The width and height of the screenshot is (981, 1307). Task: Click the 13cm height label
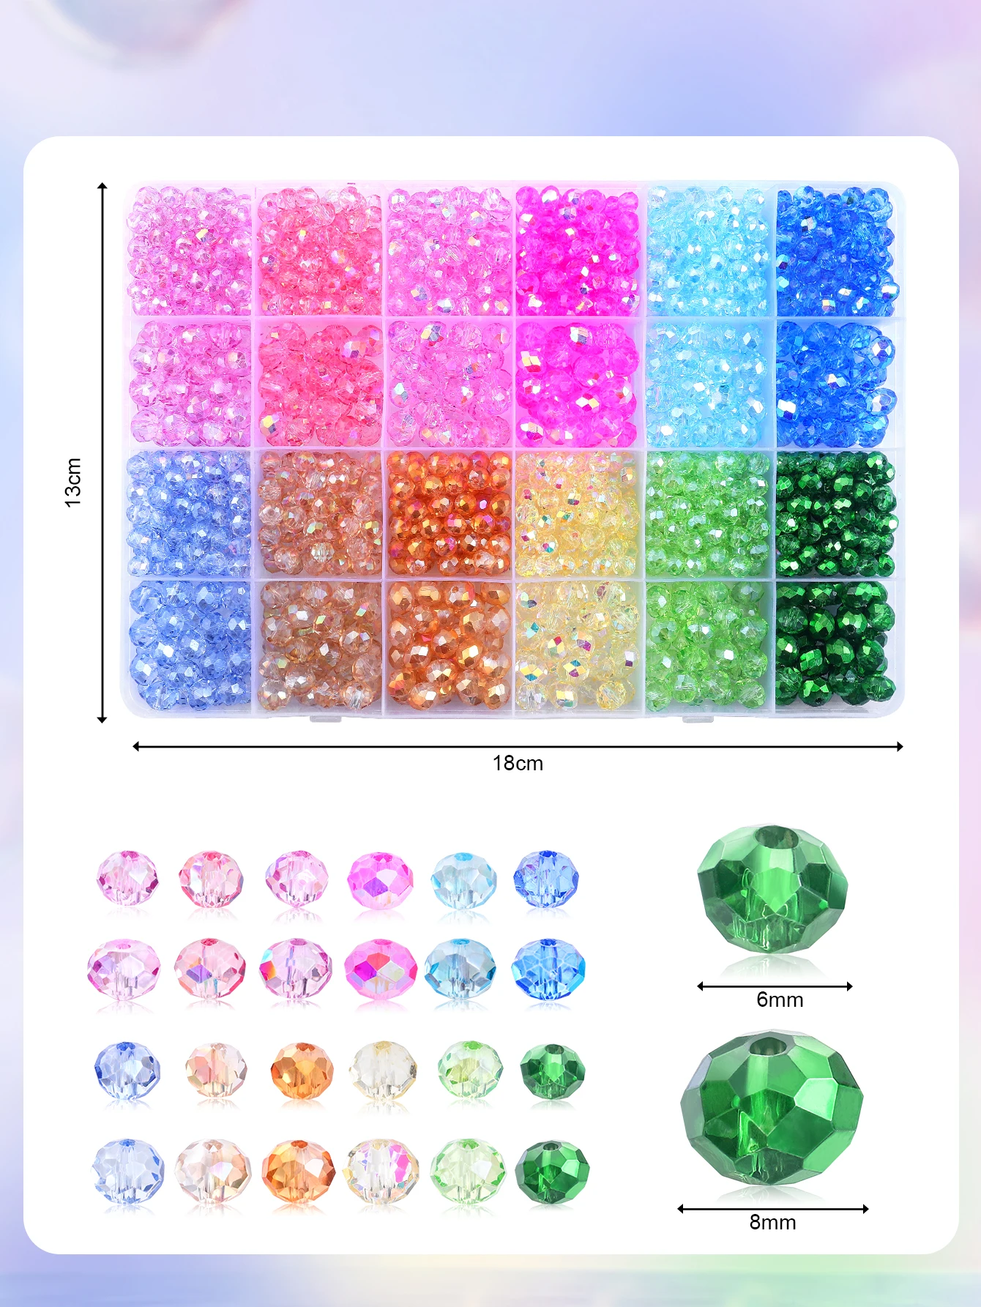73,482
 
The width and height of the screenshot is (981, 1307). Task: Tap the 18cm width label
518,764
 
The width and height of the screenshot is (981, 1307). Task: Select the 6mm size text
780,1000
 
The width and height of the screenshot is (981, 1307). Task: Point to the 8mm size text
772,1222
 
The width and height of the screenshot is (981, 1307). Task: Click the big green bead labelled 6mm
772,890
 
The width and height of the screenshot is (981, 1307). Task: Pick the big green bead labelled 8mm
772,1109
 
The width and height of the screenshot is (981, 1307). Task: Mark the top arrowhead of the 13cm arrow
102,187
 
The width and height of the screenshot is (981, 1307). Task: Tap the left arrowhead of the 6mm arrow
701,986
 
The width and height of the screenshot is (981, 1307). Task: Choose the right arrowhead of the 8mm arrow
865,1209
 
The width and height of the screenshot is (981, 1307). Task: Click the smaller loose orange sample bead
302,1070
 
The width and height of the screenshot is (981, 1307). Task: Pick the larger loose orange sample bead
298,1171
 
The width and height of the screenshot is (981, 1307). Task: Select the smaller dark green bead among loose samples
552,1071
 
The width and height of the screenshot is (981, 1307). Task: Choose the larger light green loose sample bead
468,1171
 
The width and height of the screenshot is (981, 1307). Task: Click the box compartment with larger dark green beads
835,644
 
